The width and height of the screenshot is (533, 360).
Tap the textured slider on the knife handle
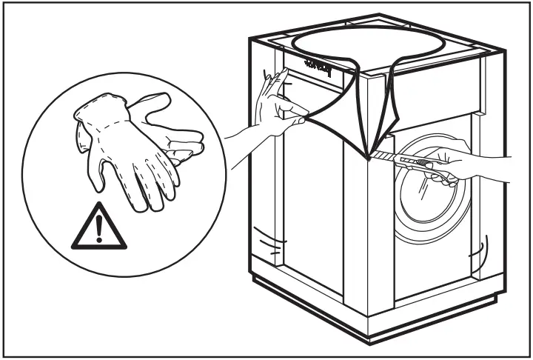(x=423, y=162)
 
